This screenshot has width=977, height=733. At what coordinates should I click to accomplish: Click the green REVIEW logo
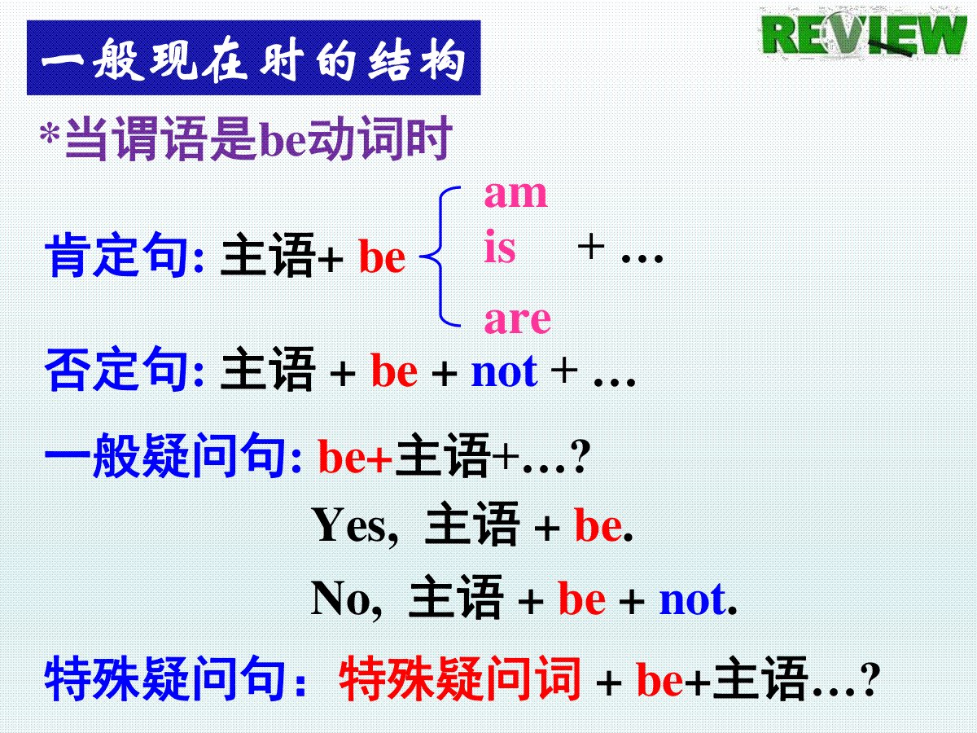click(864, 35)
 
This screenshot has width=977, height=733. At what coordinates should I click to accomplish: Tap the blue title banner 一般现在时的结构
click(254, 57)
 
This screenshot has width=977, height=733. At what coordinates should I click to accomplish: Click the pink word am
click(516, 195)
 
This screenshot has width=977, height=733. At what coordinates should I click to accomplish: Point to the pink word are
click(518, 319)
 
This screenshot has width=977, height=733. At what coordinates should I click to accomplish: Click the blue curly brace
click(440, 257)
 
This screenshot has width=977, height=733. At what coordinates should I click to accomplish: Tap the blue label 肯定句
click(116, 255)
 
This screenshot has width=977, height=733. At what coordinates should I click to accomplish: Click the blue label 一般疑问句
click(165, 455)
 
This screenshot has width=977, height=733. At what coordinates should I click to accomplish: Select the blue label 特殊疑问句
click(165, 678)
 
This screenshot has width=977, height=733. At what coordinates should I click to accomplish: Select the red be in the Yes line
click(598, 525)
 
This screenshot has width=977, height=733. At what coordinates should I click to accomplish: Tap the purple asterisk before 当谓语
click(50, 134)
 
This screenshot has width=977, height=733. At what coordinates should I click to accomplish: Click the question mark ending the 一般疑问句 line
click(581, 457)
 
